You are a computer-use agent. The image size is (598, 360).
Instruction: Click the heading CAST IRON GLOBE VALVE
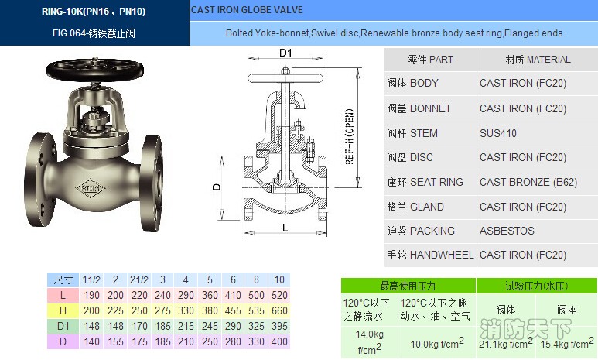click(x=247, y=11)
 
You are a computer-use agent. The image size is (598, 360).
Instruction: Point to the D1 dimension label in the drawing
click(x=285, y=53)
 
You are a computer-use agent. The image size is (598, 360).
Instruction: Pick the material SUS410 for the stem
click(x=497, y=133)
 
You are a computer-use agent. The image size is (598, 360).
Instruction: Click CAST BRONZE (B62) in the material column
click(x=528, y=182)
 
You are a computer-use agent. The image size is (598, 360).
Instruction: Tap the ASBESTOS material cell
click(x=507, y=231)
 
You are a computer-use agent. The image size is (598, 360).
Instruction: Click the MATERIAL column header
click(x=538, y=60)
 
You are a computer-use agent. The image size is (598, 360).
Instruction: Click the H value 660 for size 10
click(x=279, y=310)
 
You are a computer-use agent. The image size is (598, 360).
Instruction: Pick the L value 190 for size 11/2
click(x=92, y=295)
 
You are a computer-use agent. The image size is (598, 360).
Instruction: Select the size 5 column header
click(x=209, y=279)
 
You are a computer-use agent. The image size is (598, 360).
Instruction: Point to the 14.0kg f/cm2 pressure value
click(x=369, y=341)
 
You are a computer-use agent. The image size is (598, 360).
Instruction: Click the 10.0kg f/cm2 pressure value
click(x=436, y=343)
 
